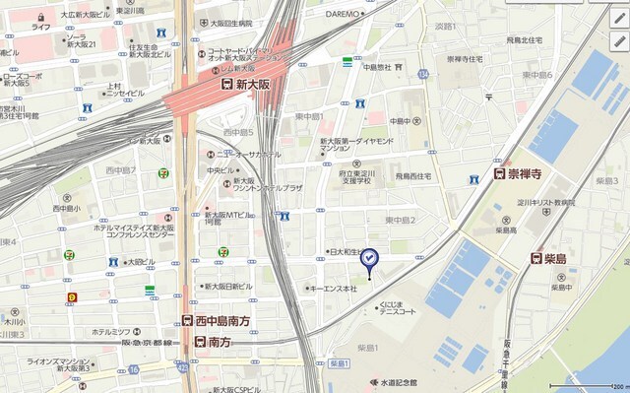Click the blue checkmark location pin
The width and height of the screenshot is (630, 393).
tap(369, 259)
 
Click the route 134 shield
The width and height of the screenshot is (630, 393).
tap(423, 74)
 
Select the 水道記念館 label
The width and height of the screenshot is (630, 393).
tap(393, 382)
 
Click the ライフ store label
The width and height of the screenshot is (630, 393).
tap(40, 28)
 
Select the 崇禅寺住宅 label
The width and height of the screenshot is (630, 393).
tap(464, 59)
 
